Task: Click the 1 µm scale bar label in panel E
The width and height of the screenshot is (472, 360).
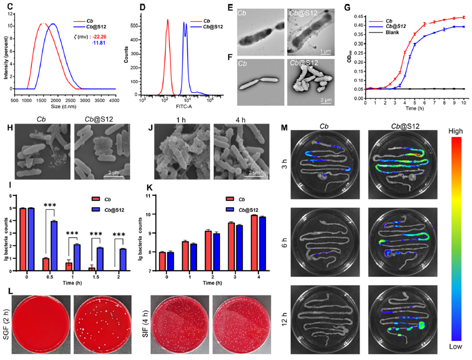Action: click(326, 48)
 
